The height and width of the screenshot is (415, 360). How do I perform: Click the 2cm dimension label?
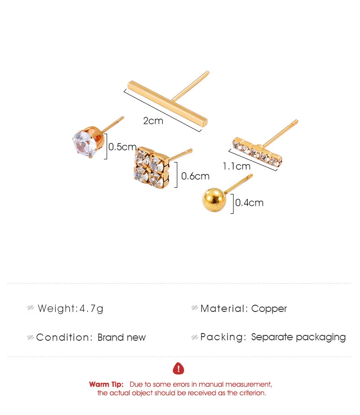(x=153, y=121)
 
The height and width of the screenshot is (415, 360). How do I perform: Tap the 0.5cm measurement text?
(x=122, y=147)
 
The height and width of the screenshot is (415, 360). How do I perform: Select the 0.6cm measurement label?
(x=195, y=176)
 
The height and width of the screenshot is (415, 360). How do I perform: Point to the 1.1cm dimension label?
(x=236, y=167)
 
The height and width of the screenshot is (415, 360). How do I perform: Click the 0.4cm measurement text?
(x=249, y=203)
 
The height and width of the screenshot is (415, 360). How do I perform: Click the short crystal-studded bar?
(x=257, y=152)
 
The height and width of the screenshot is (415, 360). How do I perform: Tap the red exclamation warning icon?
(x=178, y=369)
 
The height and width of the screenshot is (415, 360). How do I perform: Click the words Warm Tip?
(x=106, y=384)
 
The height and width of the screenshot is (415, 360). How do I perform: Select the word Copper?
(x=269, y=309)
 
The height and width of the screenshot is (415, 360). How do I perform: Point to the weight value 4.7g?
(x=91, y=309)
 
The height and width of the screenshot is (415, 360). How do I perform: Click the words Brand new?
(x=121, y=338)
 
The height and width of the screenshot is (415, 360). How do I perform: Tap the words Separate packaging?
(x=298, y=337)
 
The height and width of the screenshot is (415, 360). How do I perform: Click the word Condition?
(x=64, y=338)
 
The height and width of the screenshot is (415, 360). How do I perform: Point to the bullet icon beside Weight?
(x=31, y=307)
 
